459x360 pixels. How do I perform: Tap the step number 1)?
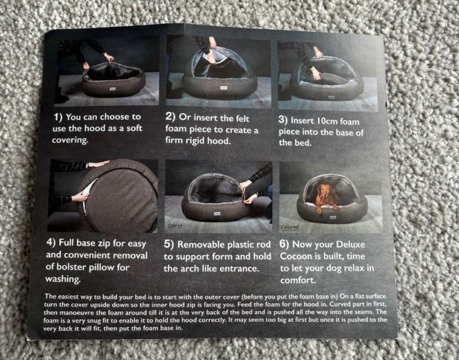coord(58,117)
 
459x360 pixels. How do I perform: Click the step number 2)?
coord(170,117)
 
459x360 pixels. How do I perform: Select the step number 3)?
coord(283,120)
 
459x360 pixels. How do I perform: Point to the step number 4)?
coord(51,242)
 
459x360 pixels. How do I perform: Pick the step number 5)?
coord(169,244)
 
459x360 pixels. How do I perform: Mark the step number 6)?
coord(284,244)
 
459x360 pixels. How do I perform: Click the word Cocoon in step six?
coord(296,256)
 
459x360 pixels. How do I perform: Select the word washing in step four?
coord(63,279)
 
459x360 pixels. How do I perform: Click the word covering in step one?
coord(71,140)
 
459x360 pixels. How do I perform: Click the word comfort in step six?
coord(298,280)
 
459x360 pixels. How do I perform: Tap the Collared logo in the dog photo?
coord(290,227)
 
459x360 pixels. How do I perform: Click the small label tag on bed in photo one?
coord(112,89)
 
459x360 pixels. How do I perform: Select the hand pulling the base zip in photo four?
coord(81,196)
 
